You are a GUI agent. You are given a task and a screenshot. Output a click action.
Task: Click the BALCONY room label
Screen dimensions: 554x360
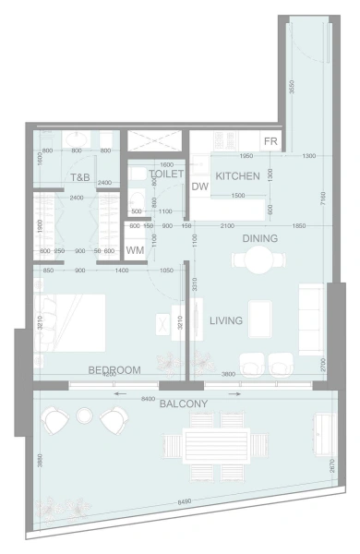[183, 403]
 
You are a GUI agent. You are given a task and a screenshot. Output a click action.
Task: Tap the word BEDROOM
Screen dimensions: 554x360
[114, 369]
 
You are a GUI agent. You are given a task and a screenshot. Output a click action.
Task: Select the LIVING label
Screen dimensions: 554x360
[225, 320]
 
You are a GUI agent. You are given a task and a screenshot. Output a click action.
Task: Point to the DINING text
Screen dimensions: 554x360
[259, 238]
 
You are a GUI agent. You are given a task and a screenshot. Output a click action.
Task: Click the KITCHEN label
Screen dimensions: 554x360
[237, 175]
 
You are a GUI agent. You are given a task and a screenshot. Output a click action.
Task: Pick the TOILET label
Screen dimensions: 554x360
[166, 173]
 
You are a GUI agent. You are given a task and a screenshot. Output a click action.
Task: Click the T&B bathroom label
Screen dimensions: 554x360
[78, 177]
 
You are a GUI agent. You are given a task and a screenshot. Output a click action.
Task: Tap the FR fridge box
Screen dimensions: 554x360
[270, 141]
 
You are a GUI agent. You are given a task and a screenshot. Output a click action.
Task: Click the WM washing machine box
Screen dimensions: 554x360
[135, 249]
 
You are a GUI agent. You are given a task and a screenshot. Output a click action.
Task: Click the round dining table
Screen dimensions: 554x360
[252, 261]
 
